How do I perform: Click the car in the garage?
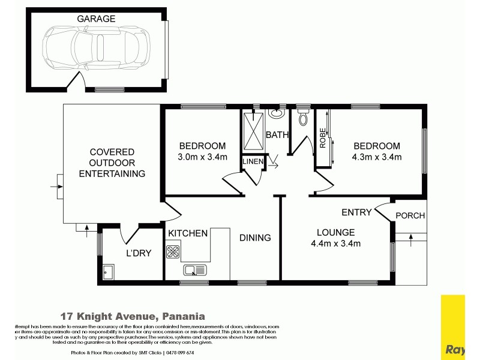pyautogui.click(x=97, y=47)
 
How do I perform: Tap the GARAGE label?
pyautogui.click(x=96, y=19)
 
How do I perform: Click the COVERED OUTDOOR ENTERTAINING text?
pyautogui.click(x=112, y=163)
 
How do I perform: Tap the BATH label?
pyautogui.click(x=277, y=135)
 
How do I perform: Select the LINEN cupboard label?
pyautogui.click(x=252, y=162)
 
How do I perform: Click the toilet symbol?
pyautogui.click(x=302, y=118)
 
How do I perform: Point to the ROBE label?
pyautogui.click(x=323, y=138)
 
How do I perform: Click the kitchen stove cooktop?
pyautogui.click(x=173, y=251)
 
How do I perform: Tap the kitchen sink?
pyautogui.click(x=195, y=269)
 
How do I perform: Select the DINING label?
pyautogui.click(x=255, y=238)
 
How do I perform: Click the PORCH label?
pyautogui.click(x=411, y=216)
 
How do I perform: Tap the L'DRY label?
pyautogui.click(x=137, y=253)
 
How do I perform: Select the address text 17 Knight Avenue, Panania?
pyautogui.click(x=133, y=316)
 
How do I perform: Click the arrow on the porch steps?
pyautogui.click(x=411, y=241)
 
